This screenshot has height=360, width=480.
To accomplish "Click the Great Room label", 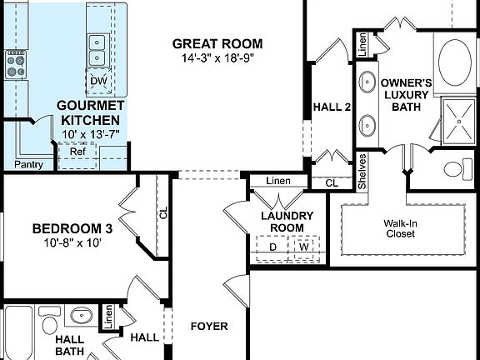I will pyautogui.click(x=217, y=43).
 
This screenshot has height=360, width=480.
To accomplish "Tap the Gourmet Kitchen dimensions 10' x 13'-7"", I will pyautogui.click(x=91, y=133).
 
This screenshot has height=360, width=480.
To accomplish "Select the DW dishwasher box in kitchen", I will pyautogui.click(x=97, y=81).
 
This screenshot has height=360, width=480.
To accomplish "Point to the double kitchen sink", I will pyautogui.click(x=97, y=49).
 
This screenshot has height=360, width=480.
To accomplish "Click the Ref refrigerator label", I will pyautogui.click(x=77, y=152).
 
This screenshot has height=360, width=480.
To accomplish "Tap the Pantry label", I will pyautogui.click(x=29, y=165).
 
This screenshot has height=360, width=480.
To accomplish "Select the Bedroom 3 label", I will pyautogui.click(x=72, y=228).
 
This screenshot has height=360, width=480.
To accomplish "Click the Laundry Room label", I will pyautogui.click(x=282, y=222).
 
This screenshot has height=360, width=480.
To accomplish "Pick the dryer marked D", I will pyautogui.click(x=272, y=247).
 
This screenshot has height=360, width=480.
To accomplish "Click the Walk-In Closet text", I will pyautogui.click(x=403, y=228).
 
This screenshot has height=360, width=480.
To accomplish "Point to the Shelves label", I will pyautogui.click(x=362, y=171).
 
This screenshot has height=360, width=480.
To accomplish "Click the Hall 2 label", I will pyautogui.click(x=332, y=107).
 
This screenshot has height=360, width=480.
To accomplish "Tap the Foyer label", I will pyautogui.click(x=208, y=327).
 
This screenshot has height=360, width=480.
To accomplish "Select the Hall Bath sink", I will pyautogui.click(x=82, y=317).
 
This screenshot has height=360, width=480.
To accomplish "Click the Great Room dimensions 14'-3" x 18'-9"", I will pyautogui.click(x=217, y=59).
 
